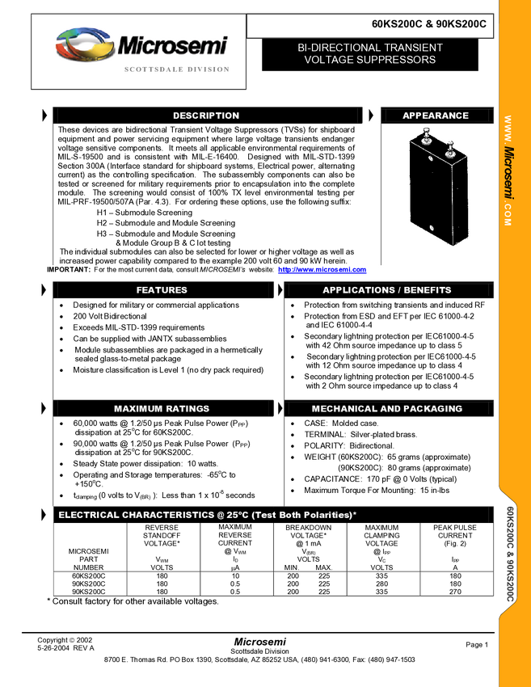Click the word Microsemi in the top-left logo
pos(172,45)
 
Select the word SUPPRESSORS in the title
pos(402,60)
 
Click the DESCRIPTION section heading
pos(206,116)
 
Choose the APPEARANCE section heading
pos(436,116)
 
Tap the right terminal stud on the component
pos(451,147)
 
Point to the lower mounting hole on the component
pos(432,229)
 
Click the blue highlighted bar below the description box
pos(322,271)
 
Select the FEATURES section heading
pos(162,290)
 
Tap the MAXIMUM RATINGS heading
pos(162,409)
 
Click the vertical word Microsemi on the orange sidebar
pos(509,171)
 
